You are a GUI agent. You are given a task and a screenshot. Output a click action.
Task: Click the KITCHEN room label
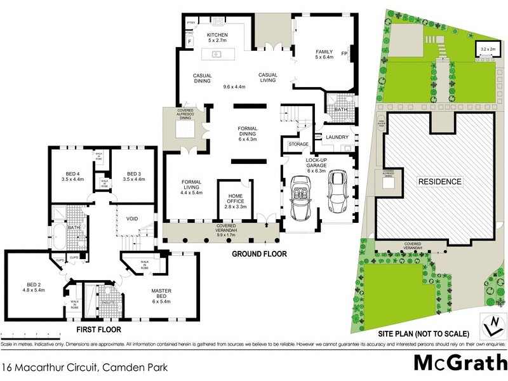(217, 35)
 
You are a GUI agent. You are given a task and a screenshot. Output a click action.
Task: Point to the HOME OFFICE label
(234, 189)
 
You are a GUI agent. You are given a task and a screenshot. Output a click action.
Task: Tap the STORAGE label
(298, 144)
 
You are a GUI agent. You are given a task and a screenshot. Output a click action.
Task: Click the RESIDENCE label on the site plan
(439, 182)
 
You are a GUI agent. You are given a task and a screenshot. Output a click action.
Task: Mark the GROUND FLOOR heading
(259, 254)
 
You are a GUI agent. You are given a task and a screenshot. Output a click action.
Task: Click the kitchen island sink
(217, 53)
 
